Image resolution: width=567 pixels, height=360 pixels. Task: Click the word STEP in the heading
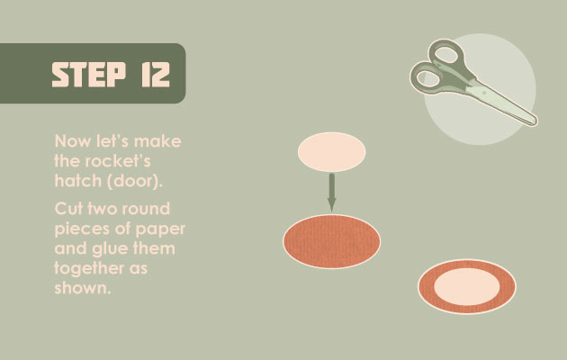pos(88,75)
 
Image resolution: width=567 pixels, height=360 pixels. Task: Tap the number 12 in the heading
pos(156,75)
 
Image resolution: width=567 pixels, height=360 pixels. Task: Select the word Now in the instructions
pos(72,141)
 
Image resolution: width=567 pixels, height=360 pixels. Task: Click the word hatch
pos(77,180)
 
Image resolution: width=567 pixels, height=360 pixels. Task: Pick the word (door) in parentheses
pos(134,181)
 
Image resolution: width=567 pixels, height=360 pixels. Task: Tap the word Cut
pos(68,209)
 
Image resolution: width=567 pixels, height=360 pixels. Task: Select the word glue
pos(110,249)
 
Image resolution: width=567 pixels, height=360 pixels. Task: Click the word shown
pos(82,288)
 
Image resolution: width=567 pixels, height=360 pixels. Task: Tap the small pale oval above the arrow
pos(331,152)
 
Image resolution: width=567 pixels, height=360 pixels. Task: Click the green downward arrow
pos(331,193)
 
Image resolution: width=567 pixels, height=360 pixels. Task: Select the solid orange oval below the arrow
pos(331,241)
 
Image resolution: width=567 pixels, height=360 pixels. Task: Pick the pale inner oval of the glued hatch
pos(467,286)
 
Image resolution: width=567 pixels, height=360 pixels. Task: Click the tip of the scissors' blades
pos(535,123)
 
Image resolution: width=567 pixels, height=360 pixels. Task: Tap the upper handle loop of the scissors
pos(447,55)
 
